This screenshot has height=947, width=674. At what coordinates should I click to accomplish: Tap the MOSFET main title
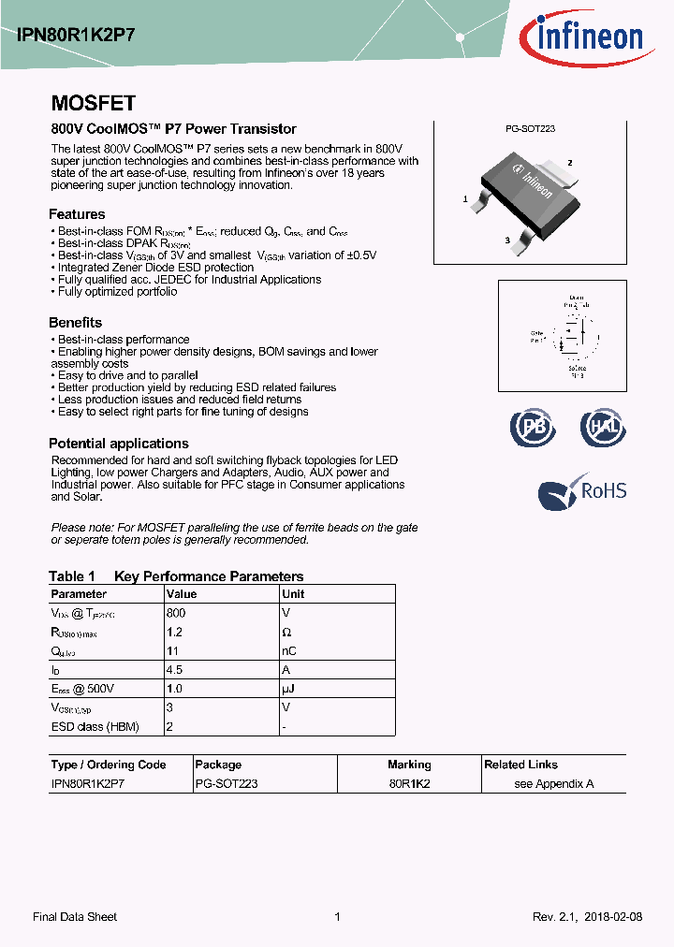click(x=93, y=103)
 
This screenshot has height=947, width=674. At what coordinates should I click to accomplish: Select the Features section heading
click(x=77, y=213)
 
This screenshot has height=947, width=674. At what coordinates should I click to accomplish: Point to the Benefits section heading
click(x=75, y=323)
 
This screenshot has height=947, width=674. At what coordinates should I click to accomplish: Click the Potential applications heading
click(x=118, y=444)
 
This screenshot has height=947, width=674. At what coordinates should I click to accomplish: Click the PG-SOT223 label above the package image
click(x=530, y=129)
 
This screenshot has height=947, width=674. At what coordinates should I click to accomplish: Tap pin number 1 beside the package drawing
click(x=465, y=199)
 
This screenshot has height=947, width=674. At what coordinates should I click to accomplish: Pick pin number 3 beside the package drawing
click(x=507, y=240)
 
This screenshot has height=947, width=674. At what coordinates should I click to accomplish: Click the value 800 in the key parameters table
click(x=176, y=613)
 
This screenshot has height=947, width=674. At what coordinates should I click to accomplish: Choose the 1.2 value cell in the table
click(x=174, y=632)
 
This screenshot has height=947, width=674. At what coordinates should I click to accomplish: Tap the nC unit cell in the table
click(x=289, y=651)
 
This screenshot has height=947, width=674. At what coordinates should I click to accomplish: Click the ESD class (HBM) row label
click(x=94, y=726)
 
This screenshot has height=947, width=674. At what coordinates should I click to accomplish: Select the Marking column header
click(x=409, y=765)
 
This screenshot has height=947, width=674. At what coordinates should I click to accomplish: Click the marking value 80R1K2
click(x=409, y=784)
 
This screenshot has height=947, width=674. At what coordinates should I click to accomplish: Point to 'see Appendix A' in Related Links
click(x=554, y=784)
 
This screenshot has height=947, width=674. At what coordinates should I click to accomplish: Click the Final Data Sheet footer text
click(x=75, y=917)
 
